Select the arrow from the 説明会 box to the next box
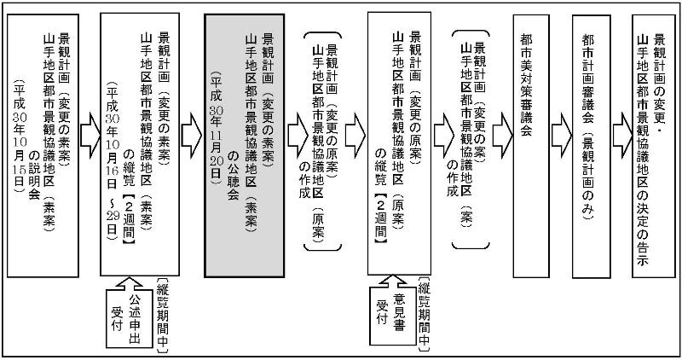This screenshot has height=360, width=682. coord(88,135)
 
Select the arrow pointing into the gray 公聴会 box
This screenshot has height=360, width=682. coord(192,135)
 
